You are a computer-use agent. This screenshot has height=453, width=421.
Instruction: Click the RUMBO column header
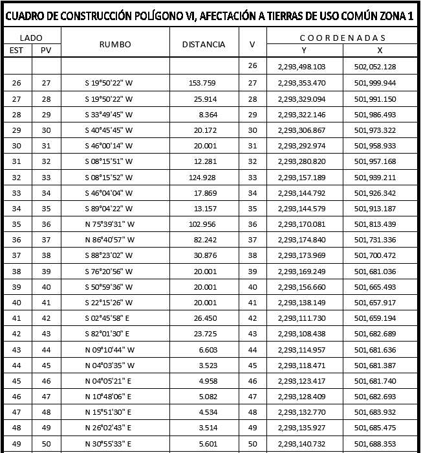pos(115,44)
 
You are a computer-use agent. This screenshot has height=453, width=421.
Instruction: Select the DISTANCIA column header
pos(204,44)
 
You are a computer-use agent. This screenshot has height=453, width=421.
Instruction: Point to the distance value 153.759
pos(202,83)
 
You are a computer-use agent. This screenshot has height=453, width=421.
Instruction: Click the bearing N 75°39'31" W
pos(109,224)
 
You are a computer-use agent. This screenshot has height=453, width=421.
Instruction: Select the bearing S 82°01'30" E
pos(107,334)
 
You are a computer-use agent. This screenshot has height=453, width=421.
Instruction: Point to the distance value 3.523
pos(207,366)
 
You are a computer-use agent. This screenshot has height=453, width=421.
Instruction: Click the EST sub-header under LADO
pos(16,50)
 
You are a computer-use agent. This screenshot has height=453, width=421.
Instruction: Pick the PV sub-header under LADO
pos(45,50)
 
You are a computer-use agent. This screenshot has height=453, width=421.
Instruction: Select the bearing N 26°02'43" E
pos(109,428)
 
